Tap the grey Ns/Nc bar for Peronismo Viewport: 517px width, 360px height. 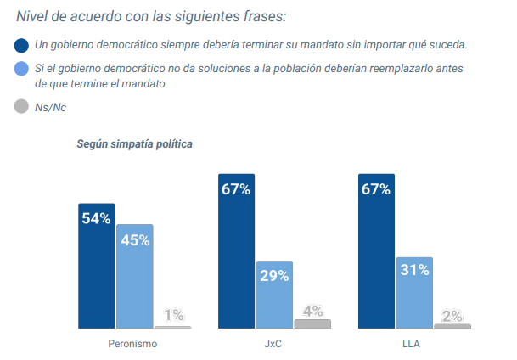172,327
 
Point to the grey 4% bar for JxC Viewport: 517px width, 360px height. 312,323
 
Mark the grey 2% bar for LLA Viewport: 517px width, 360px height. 452,326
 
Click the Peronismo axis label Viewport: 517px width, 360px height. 133,344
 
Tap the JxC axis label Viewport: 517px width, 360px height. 273,344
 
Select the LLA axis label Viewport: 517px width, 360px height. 413,344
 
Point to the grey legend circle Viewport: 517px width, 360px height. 21,107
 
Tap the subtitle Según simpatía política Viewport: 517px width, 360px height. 135,143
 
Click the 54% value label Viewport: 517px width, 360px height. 96,218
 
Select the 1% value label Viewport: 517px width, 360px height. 173,315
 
